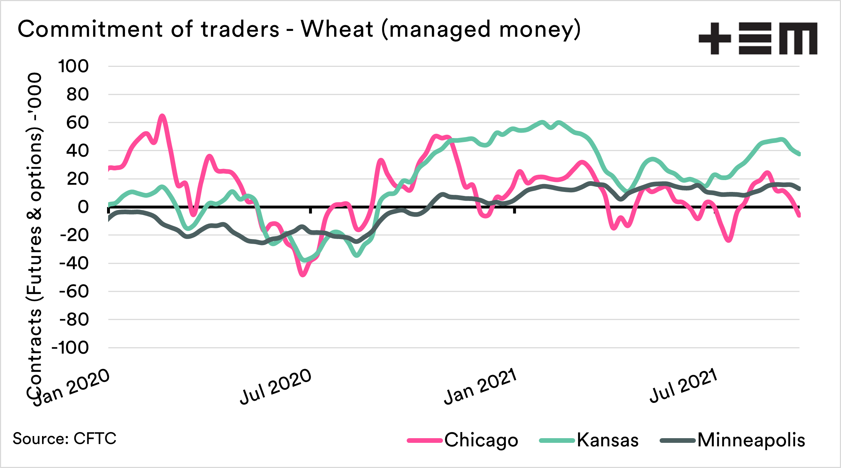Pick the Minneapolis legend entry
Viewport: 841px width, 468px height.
click(751, 440)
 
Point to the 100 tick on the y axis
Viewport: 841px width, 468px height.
click(73, 66)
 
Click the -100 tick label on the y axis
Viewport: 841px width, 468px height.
click(70, 348)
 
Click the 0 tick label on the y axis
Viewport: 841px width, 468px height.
click(83, 207)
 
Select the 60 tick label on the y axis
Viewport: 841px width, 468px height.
click(78, 123)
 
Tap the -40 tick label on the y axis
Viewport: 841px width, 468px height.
click(74, 263)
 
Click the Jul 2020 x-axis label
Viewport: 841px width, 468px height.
click(276, 386)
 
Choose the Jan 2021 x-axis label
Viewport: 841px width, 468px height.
click(480, 386)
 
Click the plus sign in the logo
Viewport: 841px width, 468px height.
click(715, 38)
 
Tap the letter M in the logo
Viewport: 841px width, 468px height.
click(798, 38)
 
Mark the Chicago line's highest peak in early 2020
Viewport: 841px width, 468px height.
click(162, 116)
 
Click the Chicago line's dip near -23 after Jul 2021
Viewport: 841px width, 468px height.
click(729, 240)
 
